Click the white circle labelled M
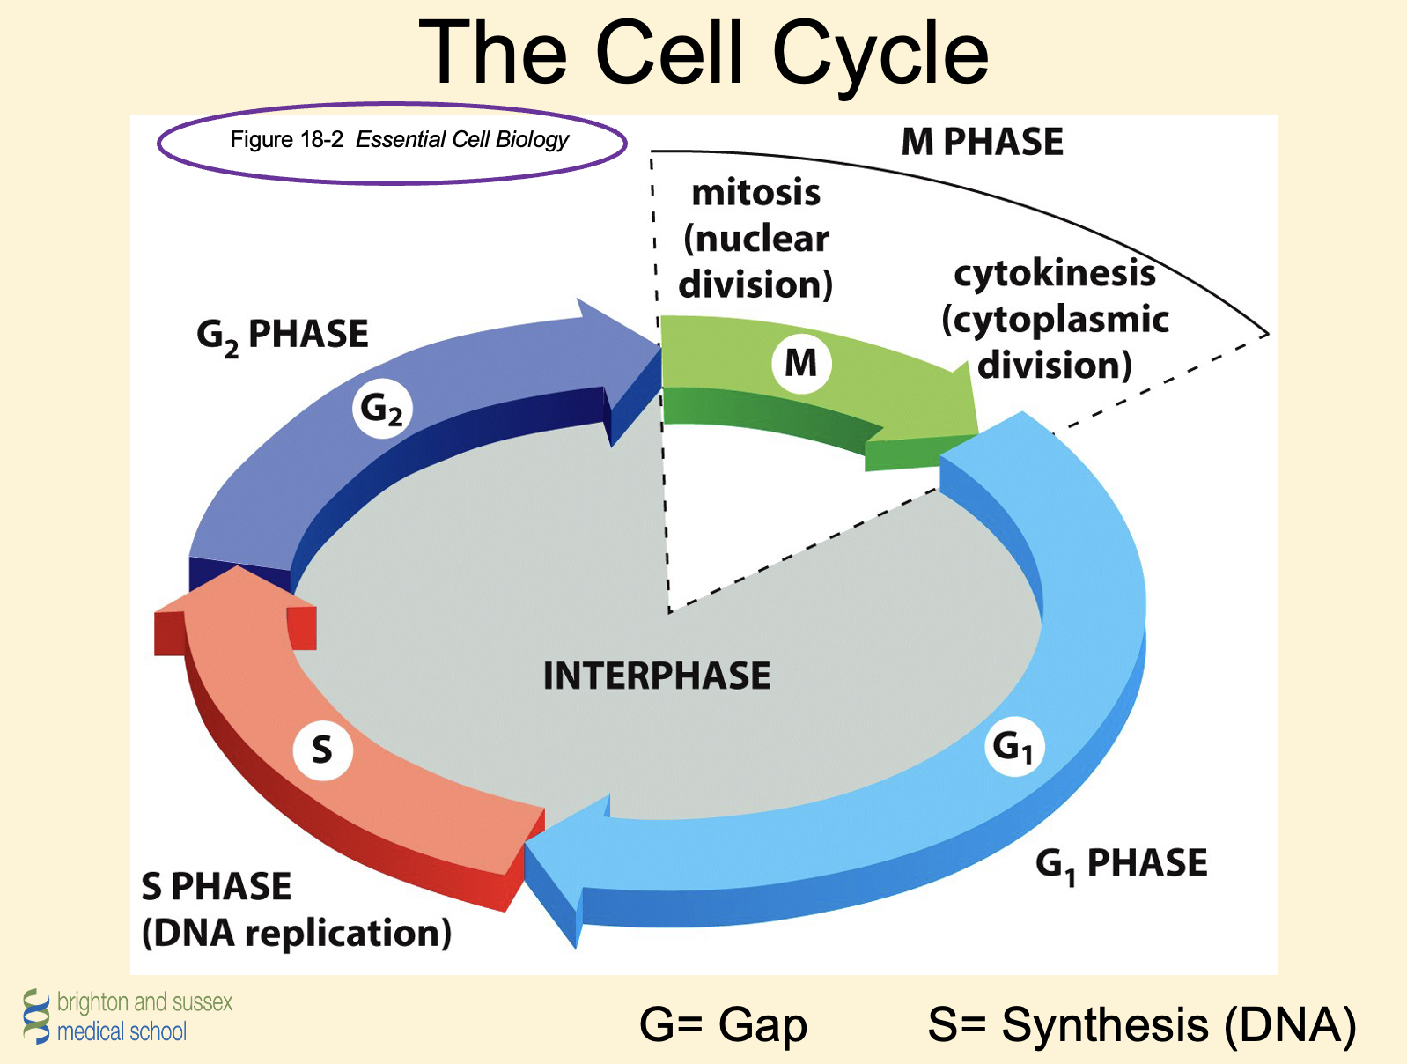coord(800,362)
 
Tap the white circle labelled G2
coord(382,409)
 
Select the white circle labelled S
coord(322,750)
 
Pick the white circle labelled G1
coord(1013,747)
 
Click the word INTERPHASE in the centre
coord(657,676)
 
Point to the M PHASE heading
coord(982,142)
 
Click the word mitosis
coord(756,192)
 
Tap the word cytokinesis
coord(1055,273)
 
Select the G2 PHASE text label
coord(282,336)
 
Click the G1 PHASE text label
coord(1121,863)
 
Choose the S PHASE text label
coord(217,886)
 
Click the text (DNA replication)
coord(297,933)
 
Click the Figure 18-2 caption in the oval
coord(399,140)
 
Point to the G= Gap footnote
coord(723,1024)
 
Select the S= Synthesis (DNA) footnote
coord(1141,1024)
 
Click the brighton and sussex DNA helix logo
coord(36,1016)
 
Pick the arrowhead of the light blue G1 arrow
coord(564,863)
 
